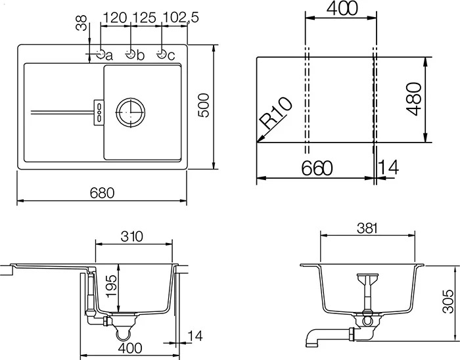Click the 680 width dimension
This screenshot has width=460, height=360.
pyautogui.click(x=102, y=193)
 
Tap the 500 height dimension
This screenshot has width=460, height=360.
pyautogui.click(x=204, y=106)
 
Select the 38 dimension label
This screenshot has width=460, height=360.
pyautogui.click(x=81, y=23)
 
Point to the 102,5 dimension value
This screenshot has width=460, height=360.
pyautogui.click(x=181, y=18)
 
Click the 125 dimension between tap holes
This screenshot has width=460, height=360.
pyautogui.click(x=145, y=18)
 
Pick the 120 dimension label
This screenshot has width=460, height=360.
pyautogui.click(x=115, y=18)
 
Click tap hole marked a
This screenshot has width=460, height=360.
pyautogui.click(x=101, y=54)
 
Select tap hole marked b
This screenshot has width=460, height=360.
pyautogui.click(x=131, y=54)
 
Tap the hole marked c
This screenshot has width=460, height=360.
pyautogui.click(x=162, y=54)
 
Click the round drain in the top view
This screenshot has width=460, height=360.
pyautogui.click(x=131, y=112)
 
